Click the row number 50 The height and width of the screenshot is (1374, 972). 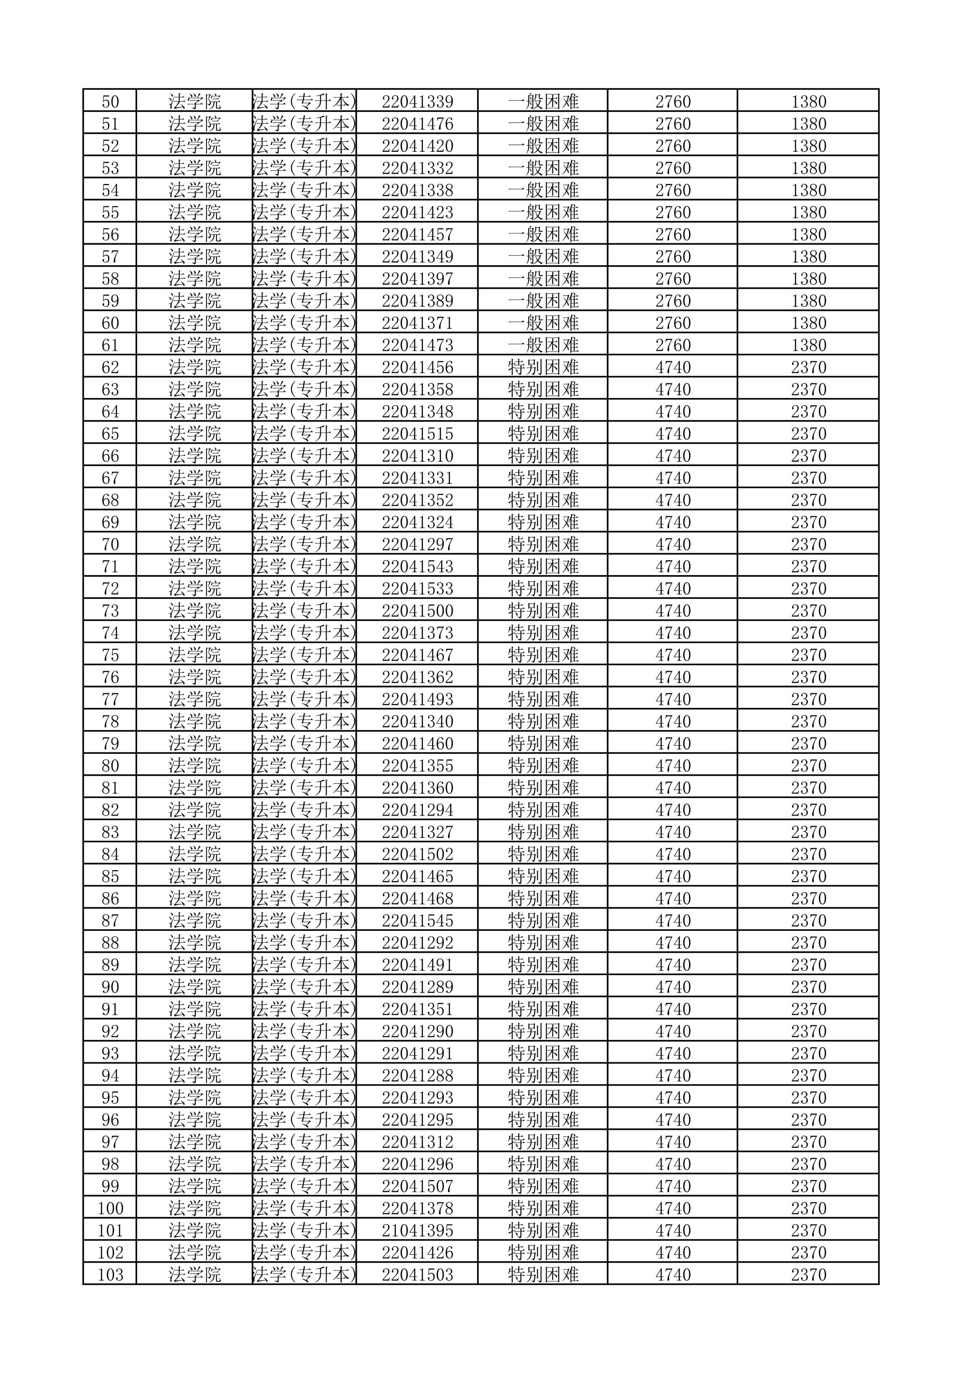coord(110,102)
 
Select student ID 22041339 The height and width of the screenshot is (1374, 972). coord(417,102)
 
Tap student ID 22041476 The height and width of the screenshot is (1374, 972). coord(417,124)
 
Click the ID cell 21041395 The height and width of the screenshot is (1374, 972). coord(417,1230)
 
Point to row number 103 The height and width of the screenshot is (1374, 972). coord(110,1275)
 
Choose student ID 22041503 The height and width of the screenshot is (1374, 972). coord(417,1275)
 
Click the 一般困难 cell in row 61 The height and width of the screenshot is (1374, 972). coord(543,345)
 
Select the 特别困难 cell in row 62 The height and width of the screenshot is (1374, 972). coord(543,367)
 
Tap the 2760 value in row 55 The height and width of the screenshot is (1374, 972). coord(673,213)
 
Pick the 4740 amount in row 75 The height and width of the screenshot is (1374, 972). coord(673,655)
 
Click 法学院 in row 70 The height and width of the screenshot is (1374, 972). coord(195,545)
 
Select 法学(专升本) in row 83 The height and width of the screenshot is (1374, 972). coord(304,832)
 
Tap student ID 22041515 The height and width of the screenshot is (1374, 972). coord(417,434)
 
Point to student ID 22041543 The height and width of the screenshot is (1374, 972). coord(417,566)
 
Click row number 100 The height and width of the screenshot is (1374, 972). coord(110,1208)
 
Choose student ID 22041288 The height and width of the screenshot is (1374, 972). coord(417,1076)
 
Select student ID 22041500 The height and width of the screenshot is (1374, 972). coord(417,611)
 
